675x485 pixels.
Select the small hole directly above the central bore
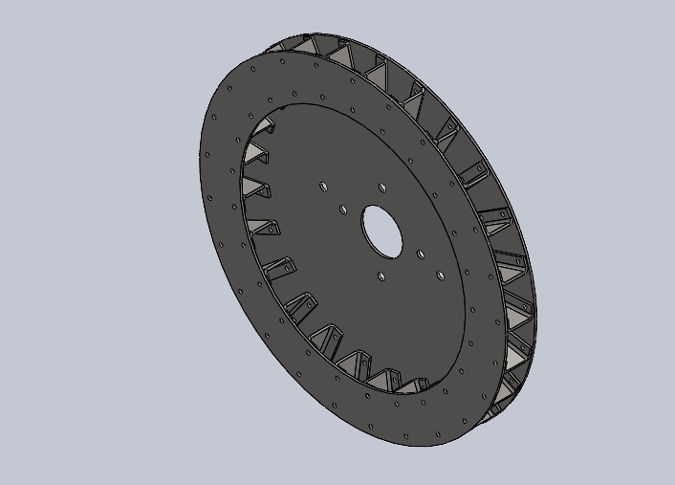(381, 187)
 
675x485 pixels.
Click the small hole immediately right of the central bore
(421, 254)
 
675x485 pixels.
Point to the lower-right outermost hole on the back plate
(440, 276)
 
